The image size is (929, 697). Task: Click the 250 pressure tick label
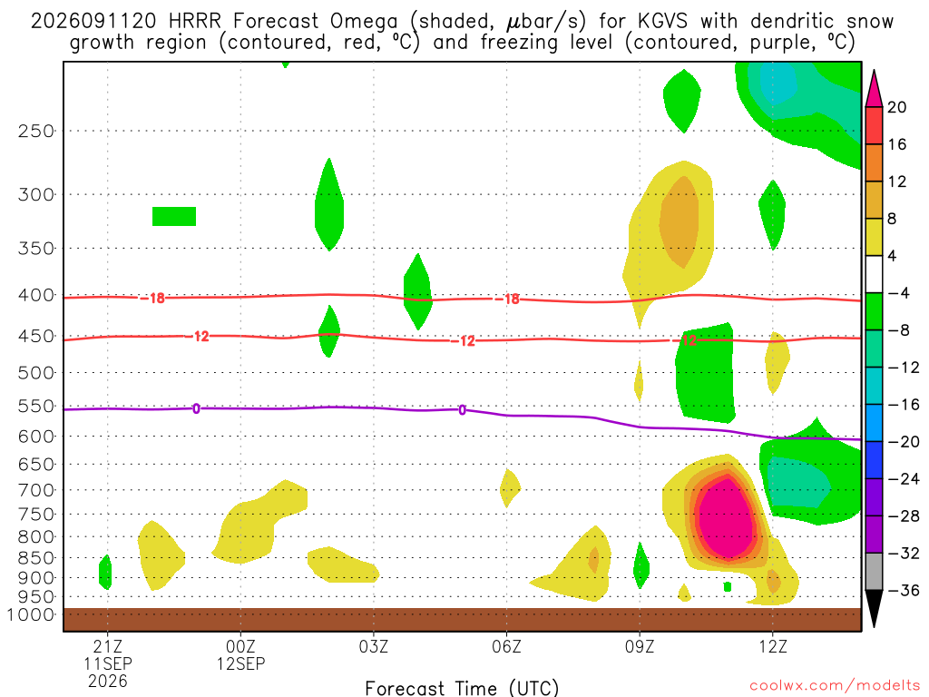coord(36,131)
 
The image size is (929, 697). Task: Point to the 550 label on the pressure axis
coord(36,407)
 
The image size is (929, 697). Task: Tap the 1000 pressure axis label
coord(31,614)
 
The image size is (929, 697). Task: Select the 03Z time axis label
coord(373,646)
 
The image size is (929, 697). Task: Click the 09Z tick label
coord(640,646)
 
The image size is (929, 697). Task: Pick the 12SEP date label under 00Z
coord(240,663)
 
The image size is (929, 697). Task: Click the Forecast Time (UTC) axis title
coord(462,688)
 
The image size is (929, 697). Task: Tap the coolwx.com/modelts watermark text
coord(835,686)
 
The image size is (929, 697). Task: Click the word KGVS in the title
coord(662,22)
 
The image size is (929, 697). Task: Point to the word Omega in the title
coord(364,23)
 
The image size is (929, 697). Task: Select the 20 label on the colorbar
coord(896,107)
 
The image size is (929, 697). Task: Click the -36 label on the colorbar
coord(903,590)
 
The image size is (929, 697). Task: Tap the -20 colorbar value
coord(903,442)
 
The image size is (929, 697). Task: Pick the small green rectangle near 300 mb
coord(174,216)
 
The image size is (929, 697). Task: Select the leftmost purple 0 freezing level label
coord(196,408)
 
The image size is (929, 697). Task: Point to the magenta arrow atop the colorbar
coord(874,89)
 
